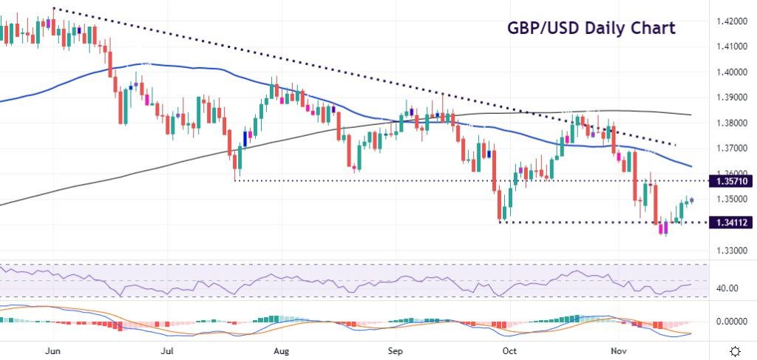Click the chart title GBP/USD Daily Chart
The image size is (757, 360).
[x=591, y=28]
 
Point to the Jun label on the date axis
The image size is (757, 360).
[x=52, y=350]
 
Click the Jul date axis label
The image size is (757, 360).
[x=167, y=350]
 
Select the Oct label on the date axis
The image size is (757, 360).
[x=509, y=350]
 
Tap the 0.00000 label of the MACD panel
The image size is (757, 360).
[x=731, y=322]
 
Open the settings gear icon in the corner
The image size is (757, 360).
[x=736, y=350]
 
